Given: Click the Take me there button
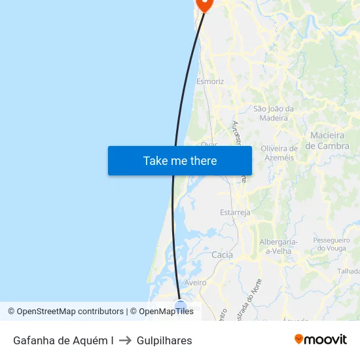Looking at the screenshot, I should coord(180,160).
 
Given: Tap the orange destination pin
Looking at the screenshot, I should coord(205,3).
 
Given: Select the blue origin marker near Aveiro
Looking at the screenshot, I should coord(181,306).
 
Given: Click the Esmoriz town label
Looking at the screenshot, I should coord(210,82).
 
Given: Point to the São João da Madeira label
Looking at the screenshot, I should coord(274,113).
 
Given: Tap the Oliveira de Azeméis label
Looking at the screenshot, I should coord(279,153).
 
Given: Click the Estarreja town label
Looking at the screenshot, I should coord(235,213).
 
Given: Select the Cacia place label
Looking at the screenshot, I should coord(223,255).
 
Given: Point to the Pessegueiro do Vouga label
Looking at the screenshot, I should coord(332,244).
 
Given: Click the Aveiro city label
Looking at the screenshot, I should coord(196,283).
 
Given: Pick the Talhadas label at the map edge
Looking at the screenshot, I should coord(349,271).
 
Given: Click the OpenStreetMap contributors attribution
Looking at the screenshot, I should coord(70,312).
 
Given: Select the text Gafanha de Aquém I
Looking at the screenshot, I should coord(63,340).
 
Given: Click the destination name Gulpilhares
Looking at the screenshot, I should coord(164,340).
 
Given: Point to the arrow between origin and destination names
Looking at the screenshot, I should coord(125,340).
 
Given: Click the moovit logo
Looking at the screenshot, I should coord(321,339).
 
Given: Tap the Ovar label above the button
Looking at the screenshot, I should coord(209,143).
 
